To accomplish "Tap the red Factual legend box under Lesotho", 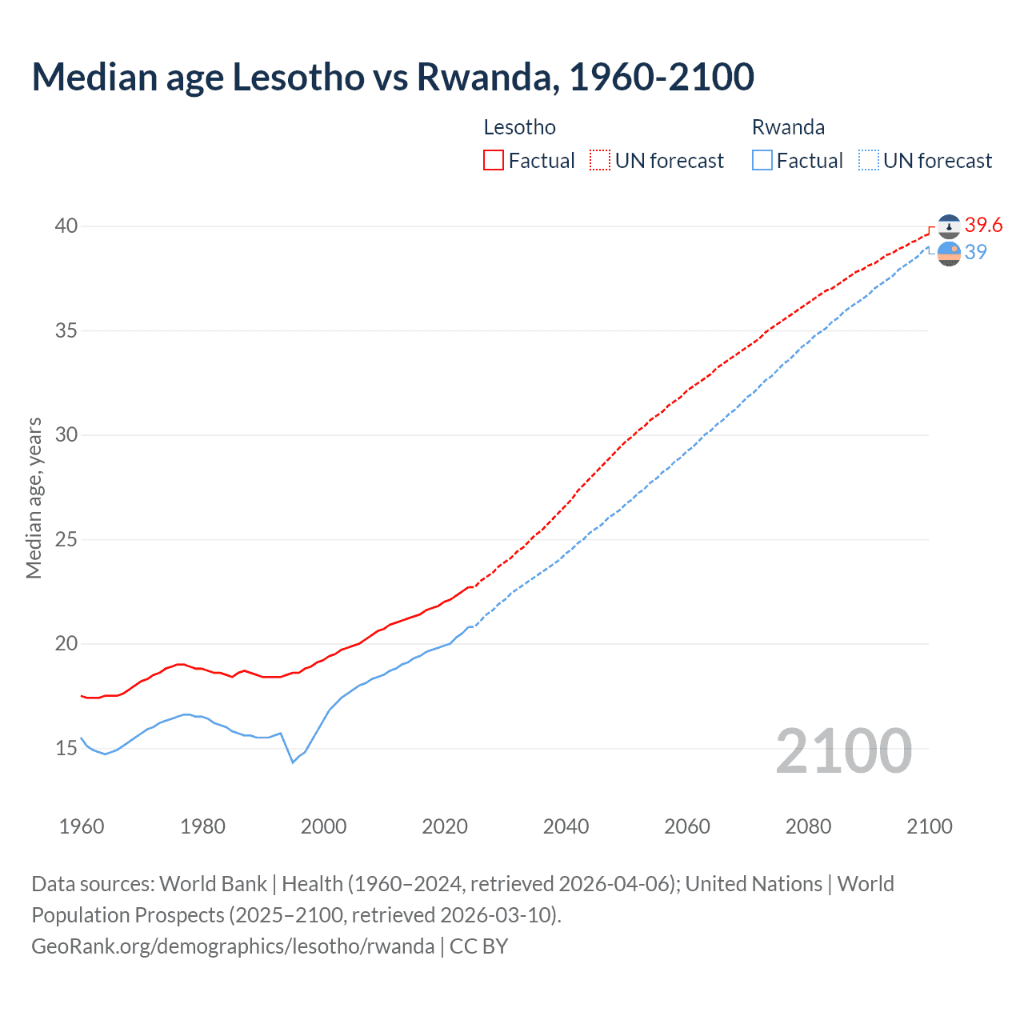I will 494,161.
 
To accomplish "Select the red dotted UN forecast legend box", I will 600,161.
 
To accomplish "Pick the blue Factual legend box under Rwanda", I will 762,161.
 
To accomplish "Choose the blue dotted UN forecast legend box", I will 868,161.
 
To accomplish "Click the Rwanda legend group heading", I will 788,127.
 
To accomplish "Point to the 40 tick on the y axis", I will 66,226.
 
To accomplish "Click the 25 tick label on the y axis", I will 66,540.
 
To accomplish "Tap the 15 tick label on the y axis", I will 66,749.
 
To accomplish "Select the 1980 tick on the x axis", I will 202,826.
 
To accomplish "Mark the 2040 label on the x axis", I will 566,826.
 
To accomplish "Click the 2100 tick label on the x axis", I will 929,826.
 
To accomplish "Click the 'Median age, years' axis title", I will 34,498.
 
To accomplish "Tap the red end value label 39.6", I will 983,226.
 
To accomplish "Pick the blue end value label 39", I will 975,252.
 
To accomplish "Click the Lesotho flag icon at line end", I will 949,226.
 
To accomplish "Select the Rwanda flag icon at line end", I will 949,254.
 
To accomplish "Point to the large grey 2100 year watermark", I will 843,750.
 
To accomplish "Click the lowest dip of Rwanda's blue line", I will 293,762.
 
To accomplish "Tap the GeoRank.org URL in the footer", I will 233,946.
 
